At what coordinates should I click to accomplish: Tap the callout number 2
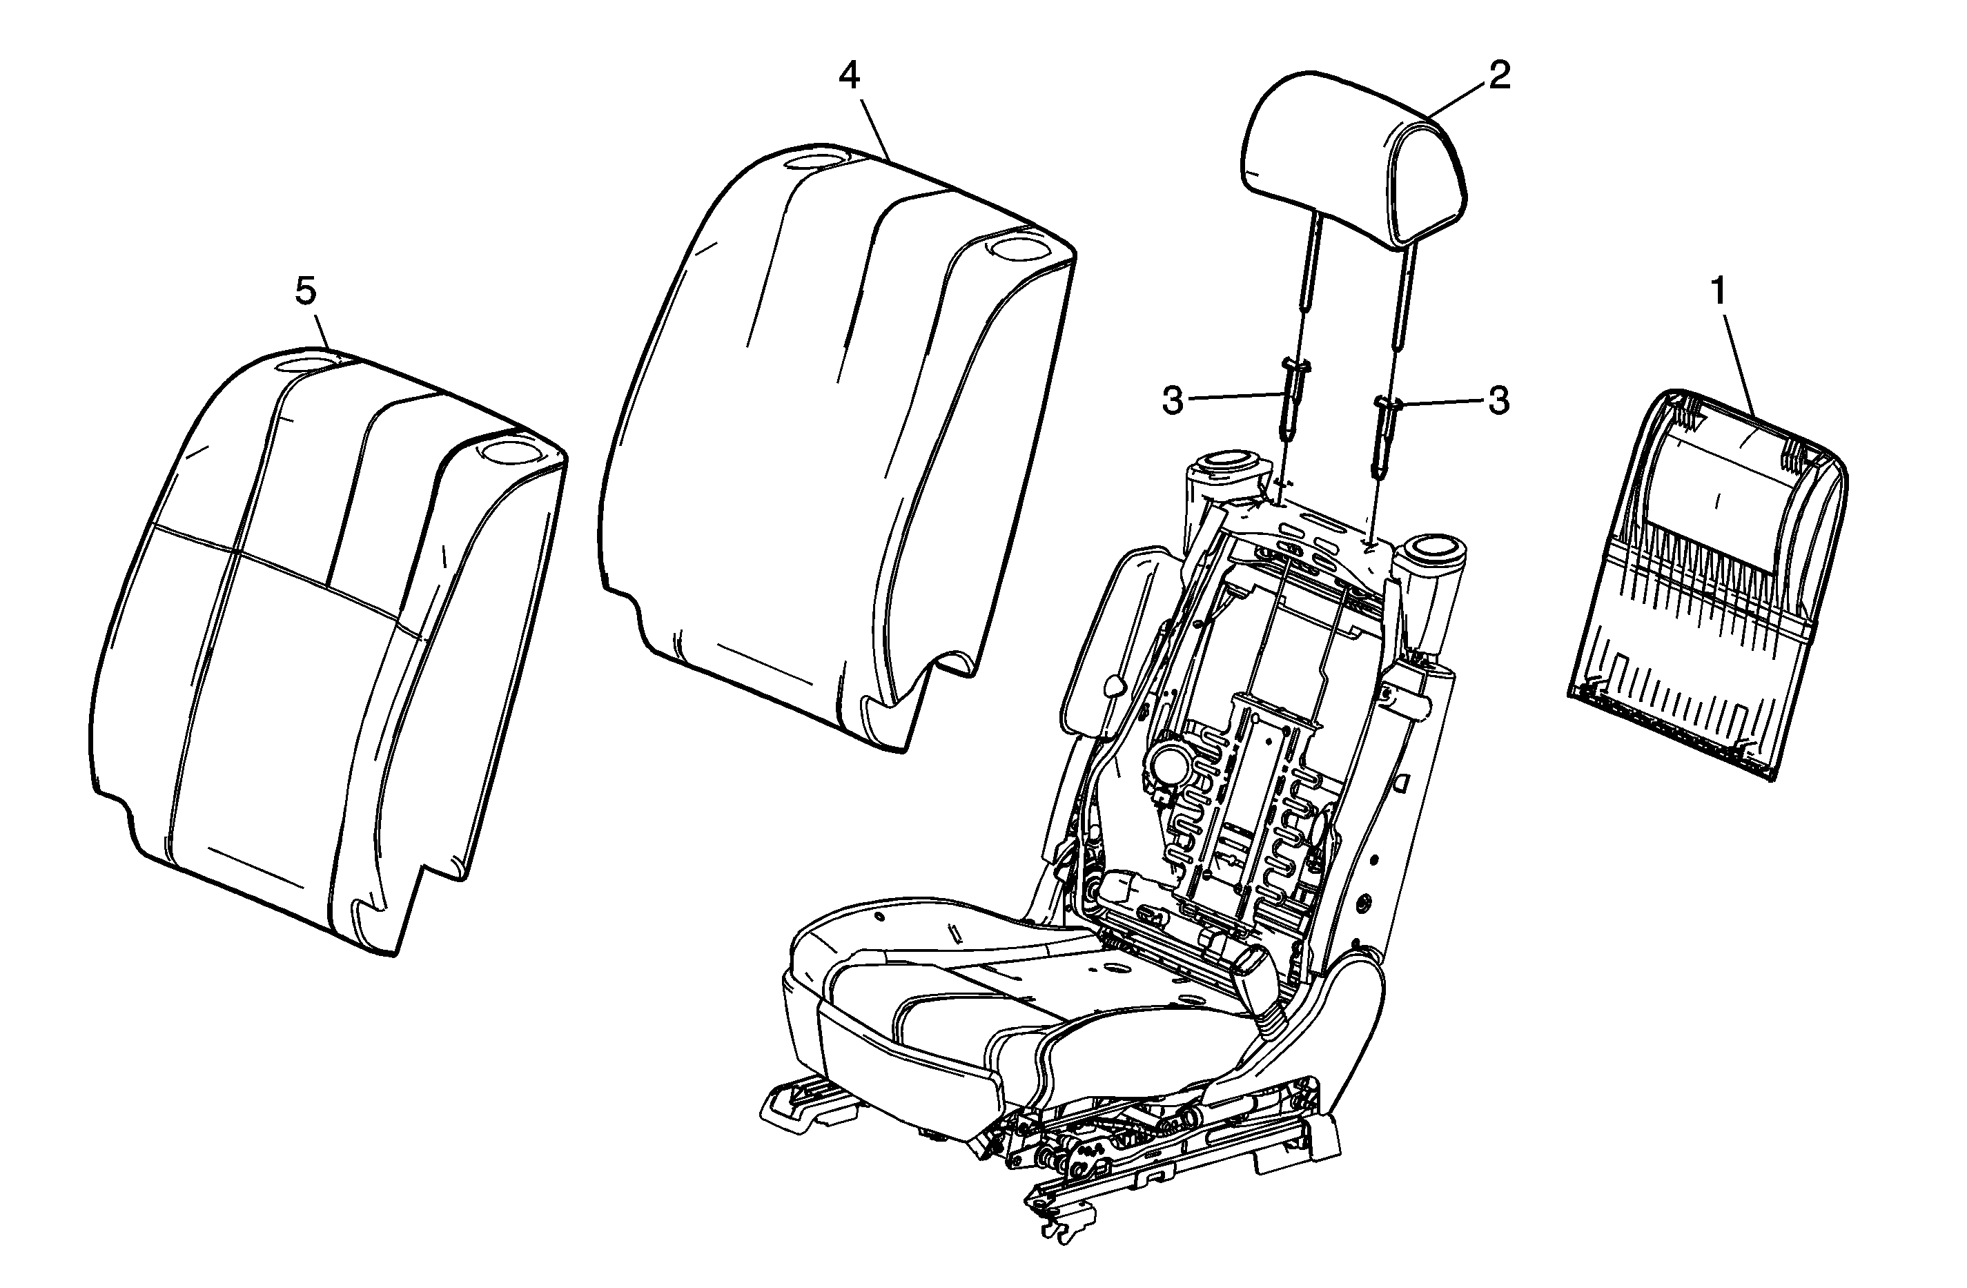1498,75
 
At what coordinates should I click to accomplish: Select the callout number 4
849,76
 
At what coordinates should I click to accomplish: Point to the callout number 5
306,291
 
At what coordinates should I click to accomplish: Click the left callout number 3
1173,401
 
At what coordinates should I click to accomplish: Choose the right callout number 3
1498,401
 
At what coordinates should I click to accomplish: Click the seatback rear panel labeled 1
1707,583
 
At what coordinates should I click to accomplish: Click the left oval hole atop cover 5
307,362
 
